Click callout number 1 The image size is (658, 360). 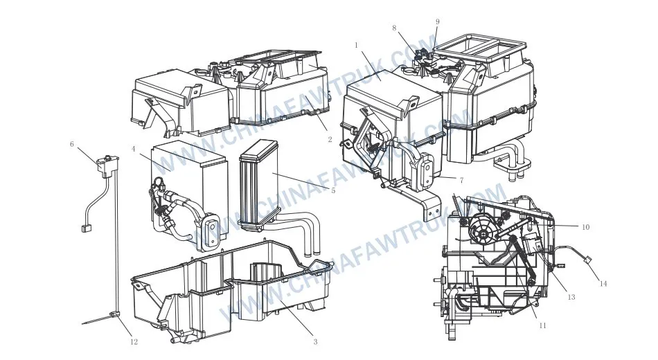356,45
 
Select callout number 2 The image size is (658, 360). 330,139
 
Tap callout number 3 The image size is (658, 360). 316,341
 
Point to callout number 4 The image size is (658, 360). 134,149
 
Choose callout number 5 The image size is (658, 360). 333,190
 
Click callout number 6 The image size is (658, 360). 72,144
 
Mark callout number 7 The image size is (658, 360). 461,181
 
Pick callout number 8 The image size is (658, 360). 394,28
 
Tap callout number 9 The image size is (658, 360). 438,22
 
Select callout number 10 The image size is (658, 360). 585,227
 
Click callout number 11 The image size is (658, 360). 542,325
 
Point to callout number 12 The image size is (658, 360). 134,342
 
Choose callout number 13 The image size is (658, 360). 571,297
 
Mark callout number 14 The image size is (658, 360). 603,284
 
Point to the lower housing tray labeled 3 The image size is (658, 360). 231,289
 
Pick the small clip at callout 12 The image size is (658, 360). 112,314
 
